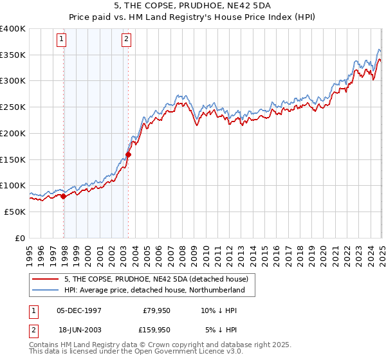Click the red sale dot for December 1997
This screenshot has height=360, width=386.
point(64,196)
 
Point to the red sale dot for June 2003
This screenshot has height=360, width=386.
point(129,154)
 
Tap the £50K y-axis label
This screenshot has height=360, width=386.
point(15,212)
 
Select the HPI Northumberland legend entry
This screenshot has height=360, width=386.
point(154,290)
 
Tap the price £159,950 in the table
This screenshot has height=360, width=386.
point(154,330)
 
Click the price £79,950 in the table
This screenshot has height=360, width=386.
point(156,310)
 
